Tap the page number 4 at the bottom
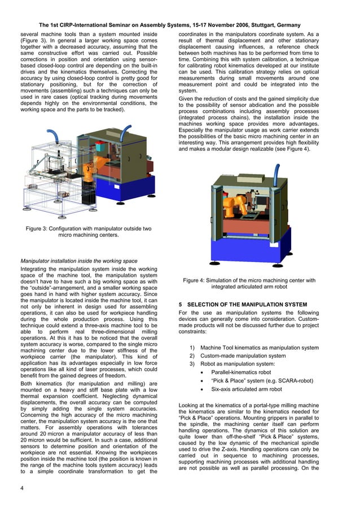(21, 488)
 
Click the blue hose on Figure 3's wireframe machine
(52, 136)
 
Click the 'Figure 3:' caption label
(42, 228)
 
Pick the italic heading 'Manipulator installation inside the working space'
(78, 261)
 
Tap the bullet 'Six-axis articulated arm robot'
(246, 389)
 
